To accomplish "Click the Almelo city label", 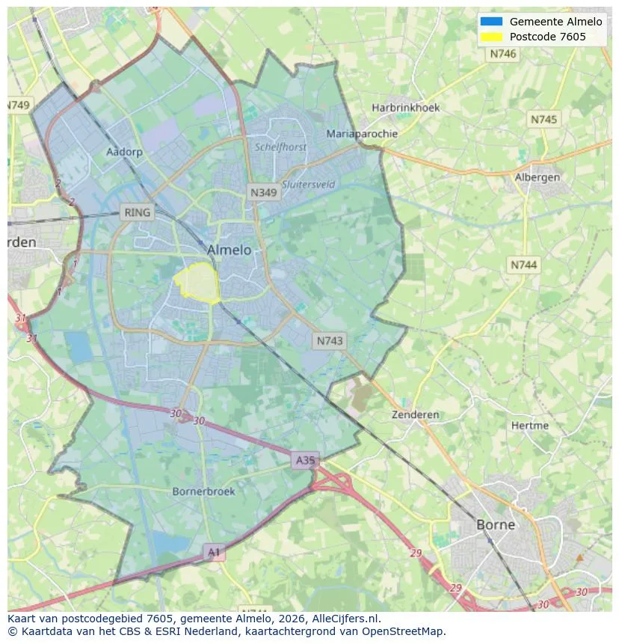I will (229, 250).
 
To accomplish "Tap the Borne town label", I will (496, 524).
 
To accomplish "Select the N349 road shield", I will (263, 192).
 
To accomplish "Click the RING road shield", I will (137, 212).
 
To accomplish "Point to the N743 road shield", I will (330, 340).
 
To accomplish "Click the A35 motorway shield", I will (305, 460).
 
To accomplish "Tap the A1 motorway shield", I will (214, 552).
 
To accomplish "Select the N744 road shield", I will (524, 265).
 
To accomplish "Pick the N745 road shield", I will (543, 120).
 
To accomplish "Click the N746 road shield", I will (503, 54).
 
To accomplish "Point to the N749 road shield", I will (19, 105).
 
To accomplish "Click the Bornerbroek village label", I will (203, 491).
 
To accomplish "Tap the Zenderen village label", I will (416, 414).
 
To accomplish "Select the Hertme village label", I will (530, 426).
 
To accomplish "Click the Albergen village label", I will (537, 177).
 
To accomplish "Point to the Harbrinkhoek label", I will (406, 108).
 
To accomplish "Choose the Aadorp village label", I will (124, 152).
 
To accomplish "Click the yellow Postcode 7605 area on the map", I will (198, 283).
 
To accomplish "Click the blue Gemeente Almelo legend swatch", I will (491, 22).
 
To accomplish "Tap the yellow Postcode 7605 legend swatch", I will (491, 37).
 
